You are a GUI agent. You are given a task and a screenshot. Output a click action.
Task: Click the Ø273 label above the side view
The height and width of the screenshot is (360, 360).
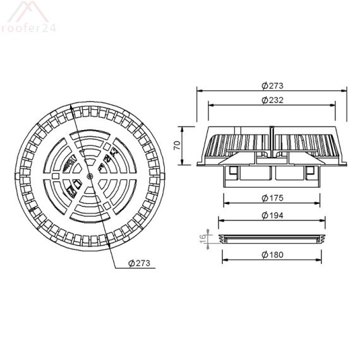[x=272, y=85]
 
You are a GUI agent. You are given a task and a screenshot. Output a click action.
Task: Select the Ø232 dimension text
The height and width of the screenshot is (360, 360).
[x=272, y=100]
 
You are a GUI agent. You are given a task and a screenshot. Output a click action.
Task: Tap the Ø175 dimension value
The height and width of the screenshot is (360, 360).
[x=272, y=198]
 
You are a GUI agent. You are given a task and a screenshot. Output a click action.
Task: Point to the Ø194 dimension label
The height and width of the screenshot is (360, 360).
[x=272, y=215]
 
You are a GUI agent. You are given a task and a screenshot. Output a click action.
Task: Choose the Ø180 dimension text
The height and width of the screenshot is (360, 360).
[x=272, y=255]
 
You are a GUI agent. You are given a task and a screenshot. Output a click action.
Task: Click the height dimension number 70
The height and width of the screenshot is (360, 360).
[x=177, y=145]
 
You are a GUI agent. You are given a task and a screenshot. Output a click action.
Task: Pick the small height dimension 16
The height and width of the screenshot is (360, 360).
[x=203, y=239]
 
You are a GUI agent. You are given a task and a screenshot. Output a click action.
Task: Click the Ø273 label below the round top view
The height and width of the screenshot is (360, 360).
[x=139, y=263]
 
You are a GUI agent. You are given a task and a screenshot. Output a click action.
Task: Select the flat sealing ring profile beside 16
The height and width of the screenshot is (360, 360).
[x=272, y=239]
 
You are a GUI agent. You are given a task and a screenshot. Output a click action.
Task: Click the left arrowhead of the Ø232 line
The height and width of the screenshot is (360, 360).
[x=209, y=105]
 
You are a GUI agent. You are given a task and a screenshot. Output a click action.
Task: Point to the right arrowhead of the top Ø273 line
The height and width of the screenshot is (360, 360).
[x=347, y=90]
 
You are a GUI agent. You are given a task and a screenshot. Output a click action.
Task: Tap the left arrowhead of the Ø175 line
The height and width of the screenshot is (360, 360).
[x=225, y=203]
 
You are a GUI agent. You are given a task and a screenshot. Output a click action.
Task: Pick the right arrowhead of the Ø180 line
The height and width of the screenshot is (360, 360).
[x=320, y=260]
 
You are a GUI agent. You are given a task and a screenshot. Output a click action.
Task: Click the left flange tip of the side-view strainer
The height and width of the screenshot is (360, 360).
[x=198, y=163]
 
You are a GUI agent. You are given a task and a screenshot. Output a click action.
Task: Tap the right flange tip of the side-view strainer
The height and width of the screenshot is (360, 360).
[x=346, y=163]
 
